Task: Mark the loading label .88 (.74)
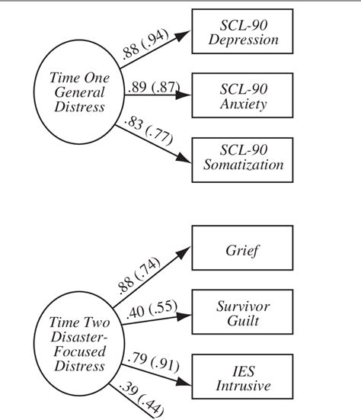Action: [x=142, y=271]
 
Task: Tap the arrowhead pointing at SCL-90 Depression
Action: [x=185, y=34]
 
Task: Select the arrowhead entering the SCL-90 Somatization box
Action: [x=185, y=159]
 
